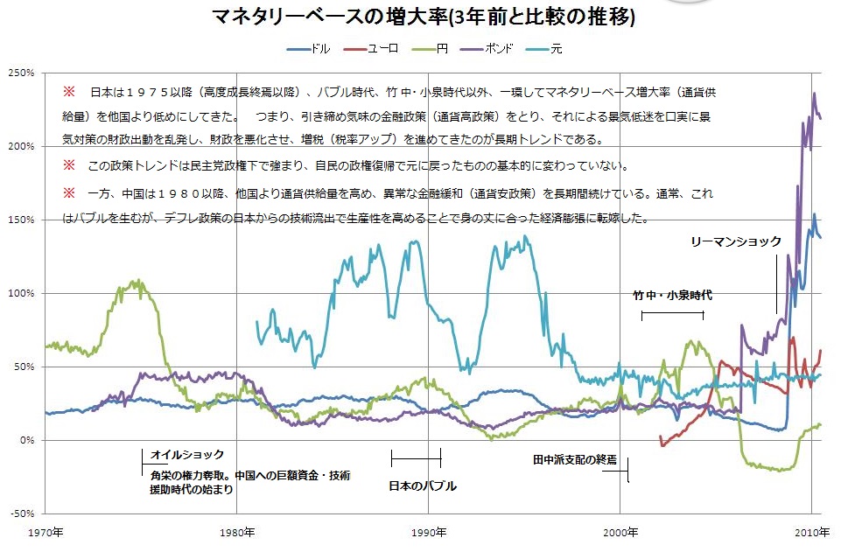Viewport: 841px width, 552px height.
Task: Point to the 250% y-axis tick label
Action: click(21, 72)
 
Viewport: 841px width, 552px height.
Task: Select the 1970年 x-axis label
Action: click(45, 531)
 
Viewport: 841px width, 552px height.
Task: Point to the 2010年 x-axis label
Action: click(812, 531)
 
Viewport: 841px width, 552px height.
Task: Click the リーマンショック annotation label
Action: click(735, 242)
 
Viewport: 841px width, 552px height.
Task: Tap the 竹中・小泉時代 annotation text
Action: click(672, 296)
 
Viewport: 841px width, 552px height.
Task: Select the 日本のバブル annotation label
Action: click(422, 486)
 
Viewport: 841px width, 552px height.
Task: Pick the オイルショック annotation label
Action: click(187, 455)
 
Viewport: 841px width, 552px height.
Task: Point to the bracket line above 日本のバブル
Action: click(416, 458)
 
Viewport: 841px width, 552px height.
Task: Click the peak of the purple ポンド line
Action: click(815, 93)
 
